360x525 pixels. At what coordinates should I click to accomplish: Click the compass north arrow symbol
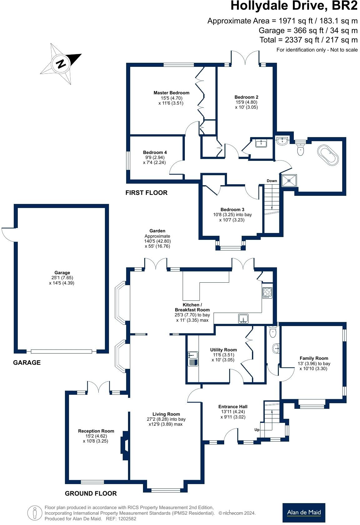point(61,64)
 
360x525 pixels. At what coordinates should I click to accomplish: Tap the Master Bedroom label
point(171,93)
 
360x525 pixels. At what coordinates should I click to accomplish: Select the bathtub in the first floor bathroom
point(328,155)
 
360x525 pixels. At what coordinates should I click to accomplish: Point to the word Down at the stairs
point(272,181)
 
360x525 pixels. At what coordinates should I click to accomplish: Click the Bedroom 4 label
point(155,152)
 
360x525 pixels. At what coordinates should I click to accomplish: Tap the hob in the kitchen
point(267,293)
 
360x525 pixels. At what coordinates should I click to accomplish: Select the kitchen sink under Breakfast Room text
point(243,319)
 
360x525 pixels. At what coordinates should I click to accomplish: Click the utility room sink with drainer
point(193,358)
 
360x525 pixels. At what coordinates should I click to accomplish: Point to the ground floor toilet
point(273,332)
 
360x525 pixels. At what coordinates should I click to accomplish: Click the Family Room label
point(314,358)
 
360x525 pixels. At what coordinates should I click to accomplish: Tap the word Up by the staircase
point(257,430)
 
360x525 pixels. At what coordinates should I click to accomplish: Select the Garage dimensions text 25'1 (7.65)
point(62,278)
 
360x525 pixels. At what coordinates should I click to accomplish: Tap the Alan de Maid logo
point(303,513)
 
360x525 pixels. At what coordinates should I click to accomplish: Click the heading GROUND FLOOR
point(91,493)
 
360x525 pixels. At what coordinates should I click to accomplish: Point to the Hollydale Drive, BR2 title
point(294,6)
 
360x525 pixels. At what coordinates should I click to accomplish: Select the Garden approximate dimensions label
point(157,239)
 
